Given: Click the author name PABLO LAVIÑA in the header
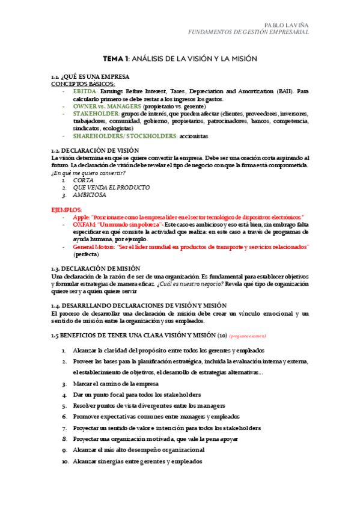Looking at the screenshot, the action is [286, 24].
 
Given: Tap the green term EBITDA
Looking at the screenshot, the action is [86, 91].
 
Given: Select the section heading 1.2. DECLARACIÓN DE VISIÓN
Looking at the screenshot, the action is [91, 150].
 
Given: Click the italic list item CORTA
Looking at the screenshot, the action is [83, 180].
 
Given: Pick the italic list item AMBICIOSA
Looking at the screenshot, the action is [90, 195].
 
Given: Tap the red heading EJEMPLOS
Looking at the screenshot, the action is [67, 209].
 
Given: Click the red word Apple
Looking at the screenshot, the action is [80, 217].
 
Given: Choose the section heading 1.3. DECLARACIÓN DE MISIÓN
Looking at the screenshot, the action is [91, 268].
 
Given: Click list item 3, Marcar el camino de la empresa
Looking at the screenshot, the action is [115, 384].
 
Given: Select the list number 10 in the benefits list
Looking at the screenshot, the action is [66, 461].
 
